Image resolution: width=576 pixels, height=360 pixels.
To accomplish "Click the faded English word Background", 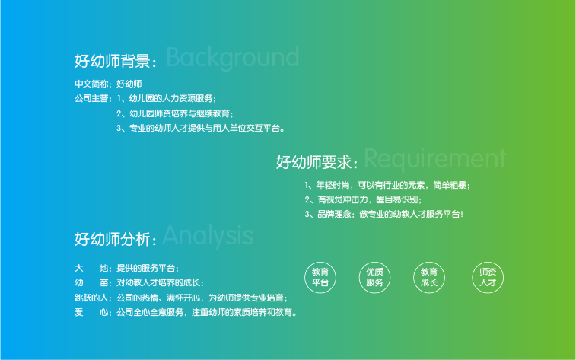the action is click(233, 57).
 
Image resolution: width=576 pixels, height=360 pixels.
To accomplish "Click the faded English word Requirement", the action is click(435, 159).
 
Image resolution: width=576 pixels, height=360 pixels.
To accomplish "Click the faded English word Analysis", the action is click(208, 235).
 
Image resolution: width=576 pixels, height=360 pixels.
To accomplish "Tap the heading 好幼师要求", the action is click(313, 162).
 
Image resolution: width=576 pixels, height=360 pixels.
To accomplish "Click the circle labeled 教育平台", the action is click(320, 277).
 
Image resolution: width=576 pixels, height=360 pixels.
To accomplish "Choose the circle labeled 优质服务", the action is click(374, 277).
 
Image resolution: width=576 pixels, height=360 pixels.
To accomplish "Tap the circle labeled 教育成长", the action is click(429, 277).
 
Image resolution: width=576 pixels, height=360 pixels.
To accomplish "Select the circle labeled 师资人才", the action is click(488, 277).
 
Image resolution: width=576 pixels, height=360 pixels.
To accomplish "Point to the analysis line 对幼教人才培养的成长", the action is click(160, 282).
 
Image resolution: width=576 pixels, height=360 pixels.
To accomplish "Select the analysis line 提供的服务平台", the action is click(148, 268).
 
